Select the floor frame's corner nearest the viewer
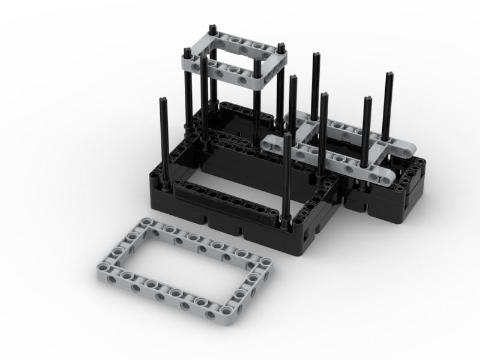pyautogui.click(x=226, y=313)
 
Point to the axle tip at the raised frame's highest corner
pyautogui.click(x=213, y=28)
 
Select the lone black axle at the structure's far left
pyautogui.click(x=163, y=138)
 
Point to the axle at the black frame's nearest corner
pyautogui.click(x=286, y=180)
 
